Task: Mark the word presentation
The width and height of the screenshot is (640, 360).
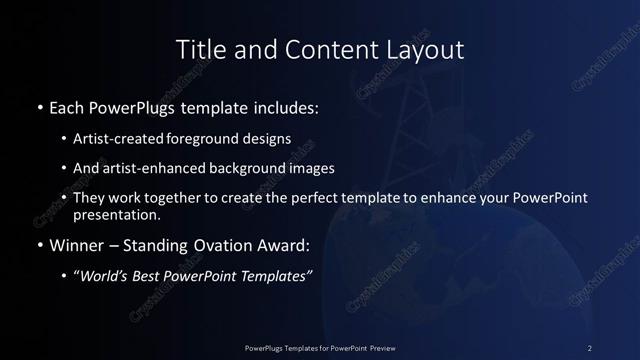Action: click(x=116, y=214)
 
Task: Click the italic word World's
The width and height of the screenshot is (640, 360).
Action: click(x=104, y=276)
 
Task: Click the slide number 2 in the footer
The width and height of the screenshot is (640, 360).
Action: click(x=590, y=347)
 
